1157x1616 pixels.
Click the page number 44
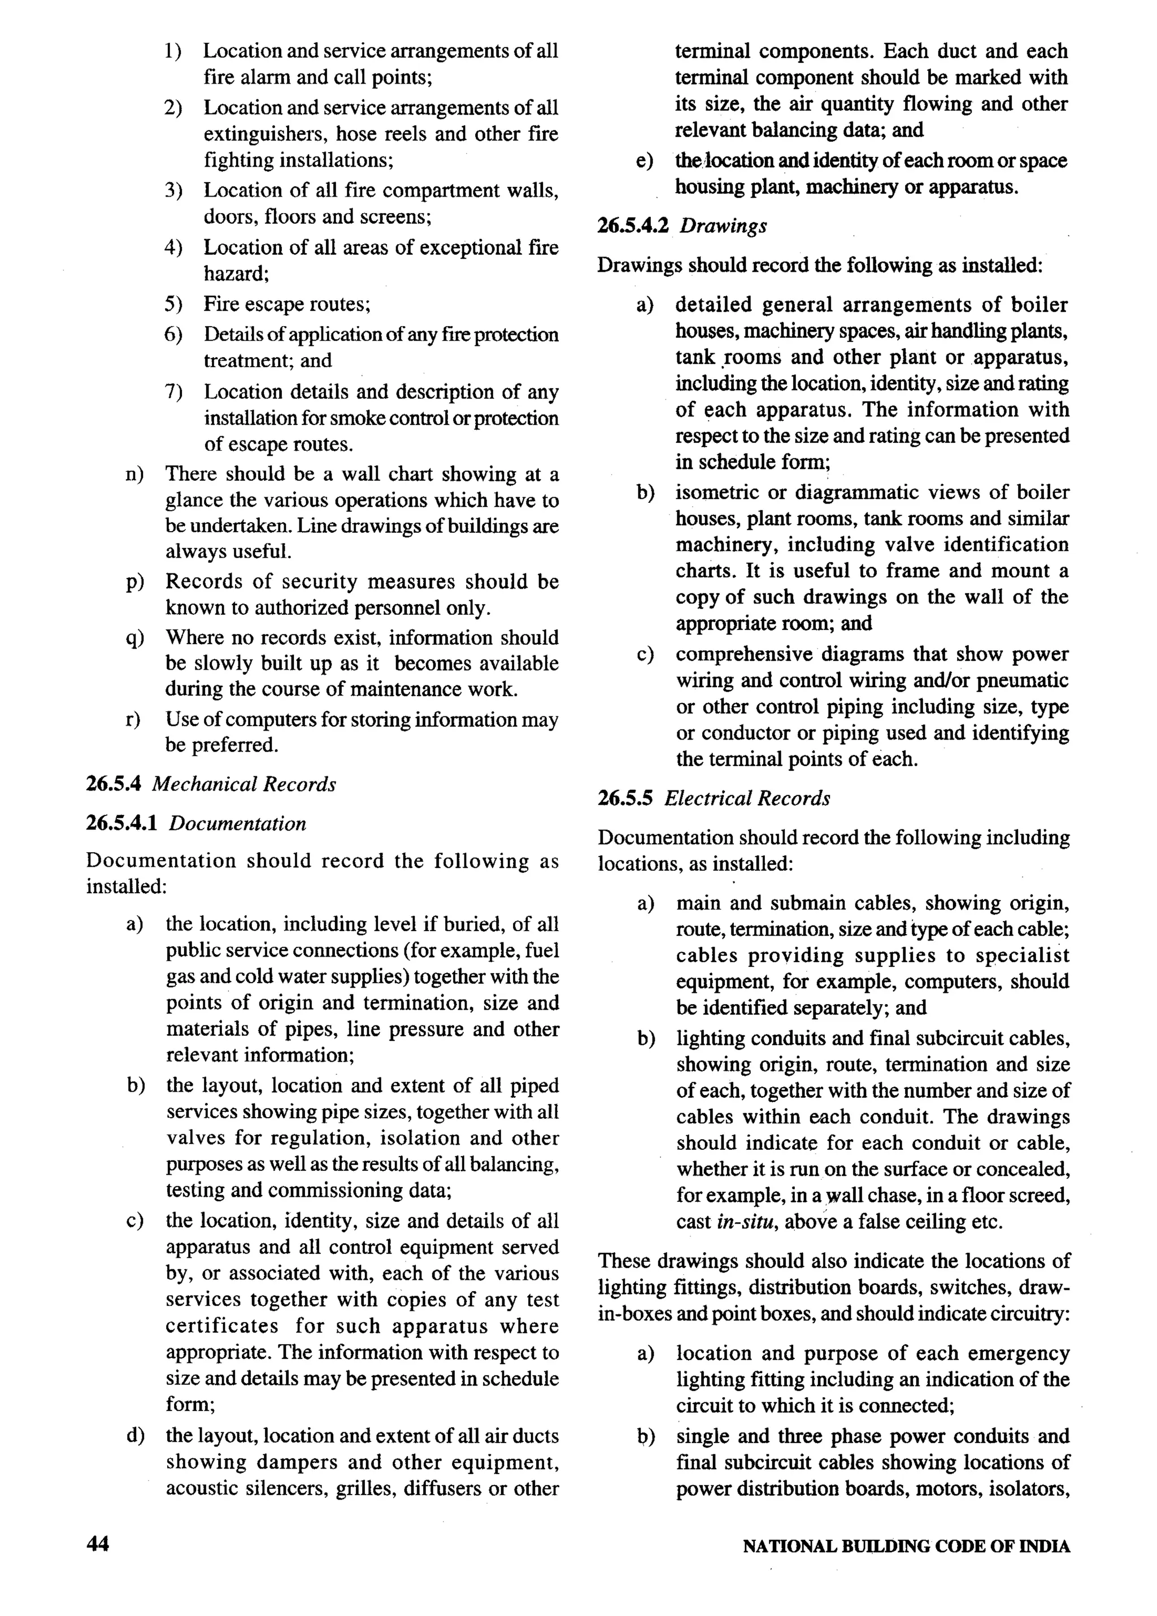(98, 1545)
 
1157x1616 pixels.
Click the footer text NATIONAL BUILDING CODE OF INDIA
(906, 1546)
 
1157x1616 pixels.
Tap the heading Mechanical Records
(243, 784)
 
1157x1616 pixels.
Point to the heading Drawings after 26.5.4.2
(723, 226)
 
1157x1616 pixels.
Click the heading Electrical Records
(747, 798)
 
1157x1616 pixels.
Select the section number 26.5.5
(625, 798)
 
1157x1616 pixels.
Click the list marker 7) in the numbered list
(173, 392)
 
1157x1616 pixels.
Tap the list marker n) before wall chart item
(134, 474)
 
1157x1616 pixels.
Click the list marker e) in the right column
(644, 162)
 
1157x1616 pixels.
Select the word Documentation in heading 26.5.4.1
(238, 824)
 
